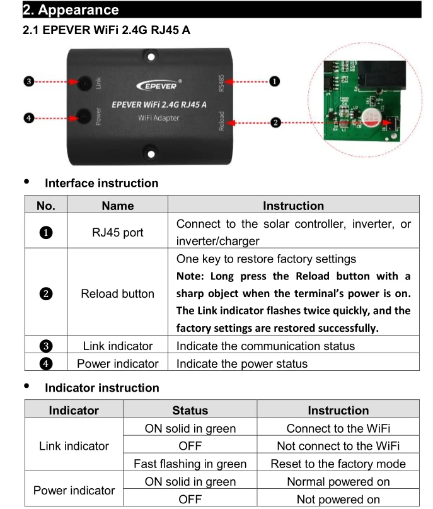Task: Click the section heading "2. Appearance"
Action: [x=71, y=10]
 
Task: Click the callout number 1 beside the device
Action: [x=275, y=81]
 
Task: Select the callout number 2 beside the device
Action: [x=275, y=122]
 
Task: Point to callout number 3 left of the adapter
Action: [x=28, y=82]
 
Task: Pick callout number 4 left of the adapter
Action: [x=28, y=117]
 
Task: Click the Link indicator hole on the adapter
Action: [x=83, y=83]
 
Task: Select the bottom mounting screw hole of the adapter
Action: [x=150, y=151]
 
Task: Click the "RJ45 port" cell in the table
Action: [x=117, y=232]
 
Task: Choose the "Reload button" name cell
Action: [x=117, y=293]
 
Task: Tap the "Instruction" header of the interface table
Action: [x=293, y=206]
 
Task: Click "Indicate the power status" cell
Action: [x=242, y=363]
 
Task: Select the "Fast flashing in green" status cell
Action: [x=190, y=464]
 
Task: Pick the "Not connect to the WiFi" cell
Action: [x=338, y=446]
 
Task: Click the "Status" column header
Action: [x=190, y=411]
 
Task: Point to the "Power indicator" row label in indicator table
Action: [x=74, y=490]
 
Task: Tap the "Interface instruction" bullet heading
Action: [x=101, y=184]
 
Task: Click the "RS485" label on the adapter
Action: [x=221, y=83]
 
